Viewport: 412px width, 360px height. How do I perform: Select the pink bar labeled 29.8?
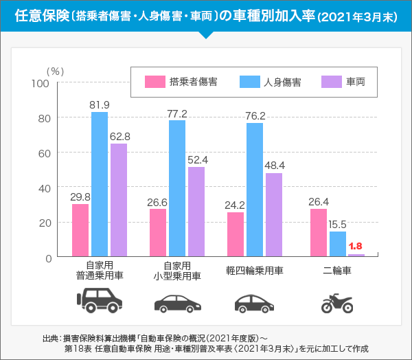pos(80,230)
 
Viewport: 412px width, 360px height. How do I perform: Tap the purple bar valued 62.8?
pos(119,200)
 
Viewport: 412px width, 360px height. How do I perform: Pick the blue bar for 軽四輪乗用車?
pos(255,189)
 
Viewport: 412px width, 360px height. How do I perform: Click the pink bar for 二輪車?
pos(319,233)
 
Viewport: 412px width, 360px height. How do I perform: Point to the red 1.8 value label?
pos(356,246)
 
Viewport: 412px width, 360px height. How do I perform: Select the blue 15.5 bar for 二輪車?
pos(337,243)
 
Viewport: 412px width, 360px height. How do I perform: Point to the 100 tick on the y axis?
pos(41,84)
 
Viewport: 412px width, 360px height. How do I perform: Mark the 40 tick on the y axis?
pos(43,188)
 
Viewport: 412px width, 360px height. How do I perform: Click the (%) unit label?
pos(55,71)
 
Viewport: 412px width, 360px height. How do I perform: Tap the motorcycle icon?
pos(337,303)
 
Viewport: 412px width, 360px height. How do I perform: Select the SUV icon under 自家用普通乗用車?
pos(100,300)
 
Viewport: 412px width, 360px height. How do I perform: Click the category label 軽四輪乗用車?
pos(255,271)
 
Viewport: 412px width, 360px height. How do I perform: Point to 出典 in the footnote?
pos(50,337)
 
